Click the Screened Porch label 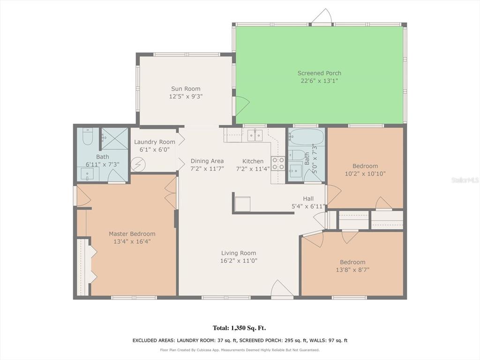(319, 73)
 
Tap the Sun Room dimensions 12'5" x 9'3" (186, 97)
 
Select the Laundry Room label (155, 142)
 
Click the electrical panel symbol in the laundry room (136, 165)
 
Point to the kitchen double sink (255, 135)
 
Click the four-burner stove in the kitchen (278, 163)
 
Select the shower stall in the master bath (115, 139)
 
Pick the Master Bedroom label (132, 234)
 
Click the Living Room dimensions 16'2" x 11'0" (239, 261)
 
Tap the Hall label (308, 199)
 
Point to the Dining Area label (207, 161)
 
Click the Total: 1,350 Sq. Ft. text (240, 328)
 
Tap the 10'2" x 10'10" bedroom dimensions (365, 174)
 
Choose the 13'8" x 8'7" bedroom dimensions (352, 270)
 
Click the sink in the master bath (88, 174)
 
